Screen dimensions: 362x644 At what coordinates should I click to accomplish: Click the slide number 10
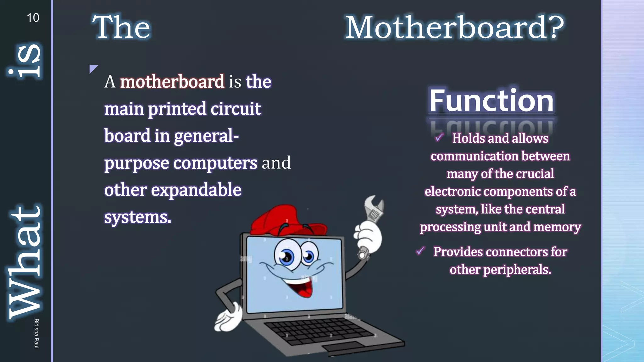[33, 18]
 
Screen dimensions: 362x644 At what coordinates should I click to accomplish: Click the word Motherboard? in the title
[454, 28]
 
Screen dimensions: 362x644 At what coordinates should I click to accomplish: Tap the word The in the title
[121, 28]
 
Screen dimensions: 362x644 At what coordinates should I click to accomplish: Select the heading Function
[491, 101]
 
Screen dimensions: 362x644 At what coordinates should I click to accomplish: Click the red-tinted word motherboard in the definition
[172, 82]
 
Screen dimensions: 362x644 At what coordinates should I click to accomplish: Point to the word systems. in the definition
[138, 217]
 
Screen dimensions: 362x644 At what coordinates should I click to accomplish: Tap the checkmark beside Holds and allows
[439, 137]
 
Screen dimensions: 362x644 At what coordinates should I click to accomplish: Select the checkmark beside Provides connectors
[420, 251]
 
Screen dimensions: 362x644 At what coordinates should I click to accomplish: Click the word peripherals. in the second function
[517, 270]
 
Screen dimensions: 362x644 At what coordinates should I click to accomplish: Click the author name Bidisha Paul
[36, 333]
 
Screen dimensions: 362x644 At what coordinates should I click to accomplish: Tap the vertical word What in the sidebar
[25, 262]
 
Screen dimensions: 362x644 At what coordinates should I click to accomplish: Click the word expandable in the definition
[196, 190]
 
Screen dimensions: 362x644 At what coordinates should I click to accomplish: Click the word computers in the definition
[215, 163]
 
